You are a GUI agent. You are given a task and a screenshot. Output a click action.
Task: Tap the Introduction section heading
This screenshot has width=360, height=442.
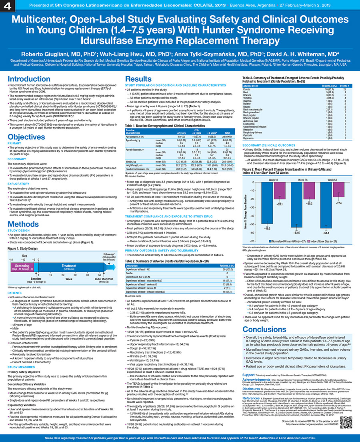click(x=28, y=79)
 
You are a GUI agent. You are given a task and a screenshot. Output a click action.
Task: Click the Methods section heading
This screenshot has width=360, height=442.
click(x=23, y=223)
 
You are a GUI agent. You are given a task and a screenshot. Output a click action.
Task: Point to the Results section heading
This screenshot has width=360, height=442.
click(x=138, y=79)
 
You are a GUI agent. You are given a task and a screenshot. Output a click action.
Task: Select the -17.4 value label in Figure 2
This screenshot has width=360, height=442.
click(x=338, y=203)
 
